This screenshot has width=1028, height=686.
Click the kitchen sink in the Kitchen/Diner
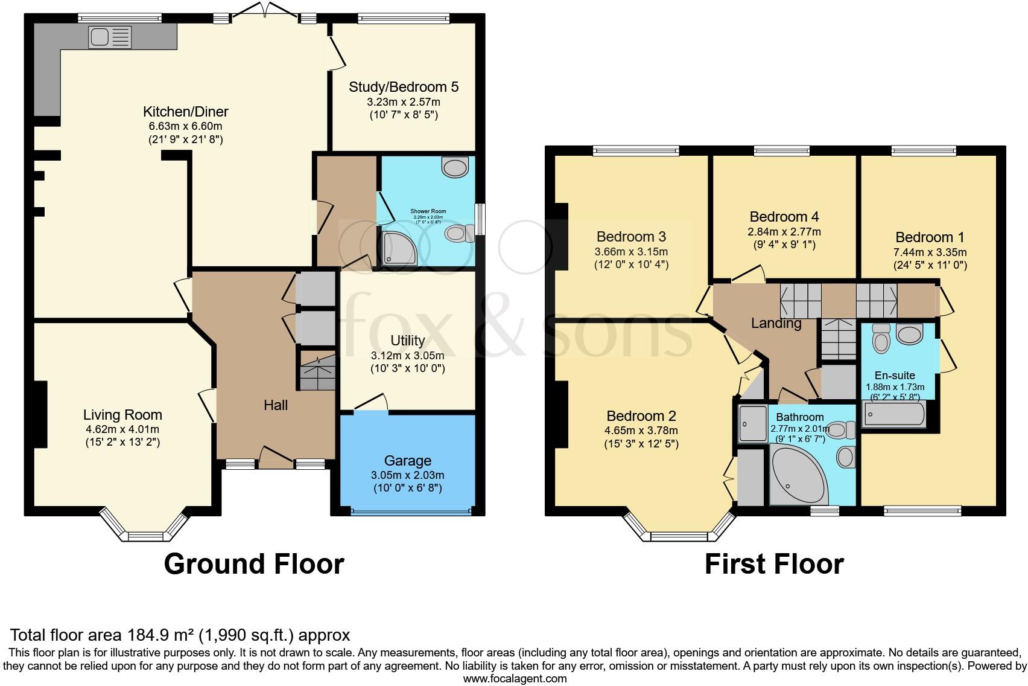(110, 37)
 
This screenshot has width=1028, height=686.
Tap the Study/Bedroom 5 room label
(404, 86)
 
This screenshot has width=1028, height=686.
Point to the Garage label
(408, 461)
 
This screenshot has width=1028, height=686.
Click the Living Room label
(122, 415)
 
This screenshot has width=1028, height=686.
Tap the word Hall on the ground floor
(276, 405)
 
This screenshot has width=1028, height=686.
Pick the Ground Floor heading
(254, 564)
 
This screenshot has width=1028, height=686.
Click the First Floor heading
(774, 564)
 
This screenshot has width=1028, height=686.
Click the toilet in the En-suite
(881, 338)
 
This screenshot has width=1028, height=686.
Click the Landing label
(776, 324)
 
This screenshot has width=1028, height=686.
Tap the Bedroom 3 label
(631, 237)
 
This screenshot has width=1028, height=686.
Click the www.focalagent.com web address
(515, 679)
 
